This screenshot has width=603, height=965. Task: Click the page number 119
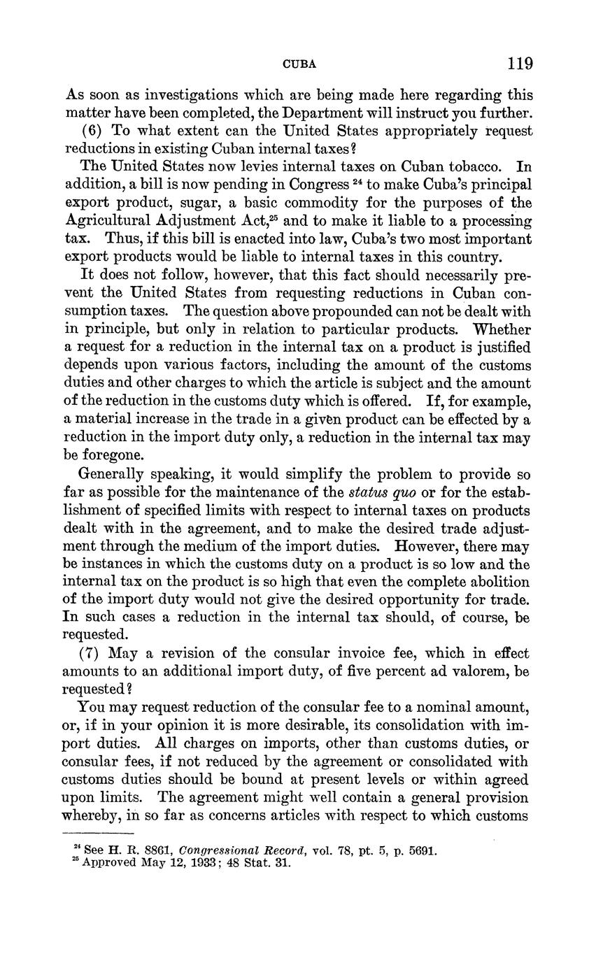tap(520, 64)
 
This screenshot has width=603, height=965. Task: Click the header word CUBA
tap(299, 64)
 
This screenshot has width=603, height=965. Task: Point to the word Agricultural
tap(107, 221)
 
